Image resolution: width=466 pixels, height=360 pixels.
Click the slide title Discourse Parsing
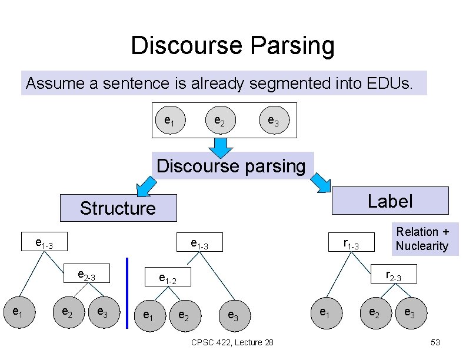point(232,46)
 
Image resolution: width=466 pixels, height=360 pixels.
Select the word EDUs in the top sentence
point(389,84)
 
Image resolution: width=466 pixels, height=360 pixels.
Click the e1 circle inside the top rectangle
point(169,121)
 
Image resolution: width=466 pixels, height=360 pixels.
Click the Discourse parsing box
point(231,166)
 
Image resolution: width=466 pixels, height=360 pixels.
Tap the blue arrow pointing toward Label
point(321,183)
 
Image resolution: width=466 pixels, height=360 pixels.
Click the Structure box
point(118,208)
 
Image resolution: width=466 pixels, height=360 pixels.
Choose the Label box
point(390,201)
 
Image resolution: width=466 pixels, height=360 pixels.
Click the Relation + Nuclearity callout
point(422,239)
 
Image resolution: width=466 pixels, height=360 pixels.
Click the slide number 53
point(435,342)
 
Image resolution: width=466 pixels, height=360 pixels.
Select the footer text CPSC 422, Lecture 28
point(232,342)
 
